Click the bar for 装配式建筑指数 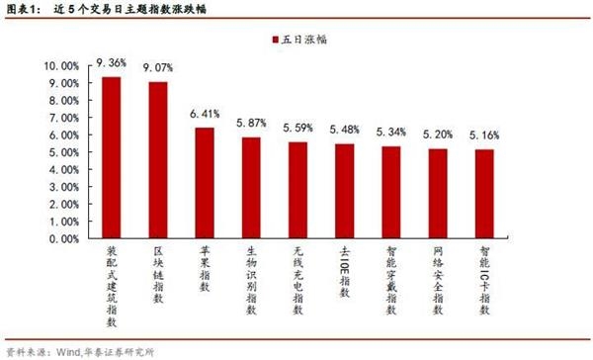pos(112,157)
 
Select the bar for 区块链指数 pos(158,160)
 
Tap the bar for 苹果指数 pos(205,183)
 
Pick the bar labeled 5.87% pos(251,188)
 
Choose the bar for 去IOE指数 pos(345,191)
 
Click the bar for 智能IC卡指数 pos(484,194)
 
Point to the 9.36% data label pos(111,63)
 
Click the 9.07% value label pos(158,68)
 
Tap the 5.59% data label pos(298,128)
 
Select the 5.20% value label pos(438,135)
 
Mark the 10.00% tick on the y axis pos(61,66)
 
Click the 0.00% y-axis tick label pos(64,239)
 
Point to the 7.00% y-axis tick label pos(64,118)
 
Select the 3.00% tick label pos(64,187)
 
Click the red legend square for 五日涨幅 pos(276,40)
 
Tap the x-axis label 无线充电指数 pos(298,281)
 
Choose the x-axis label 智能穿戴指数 pos(391,281)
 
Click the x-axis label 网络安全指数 pos(438,281)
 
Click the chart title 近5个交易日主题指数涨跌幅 pos(130,9)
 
